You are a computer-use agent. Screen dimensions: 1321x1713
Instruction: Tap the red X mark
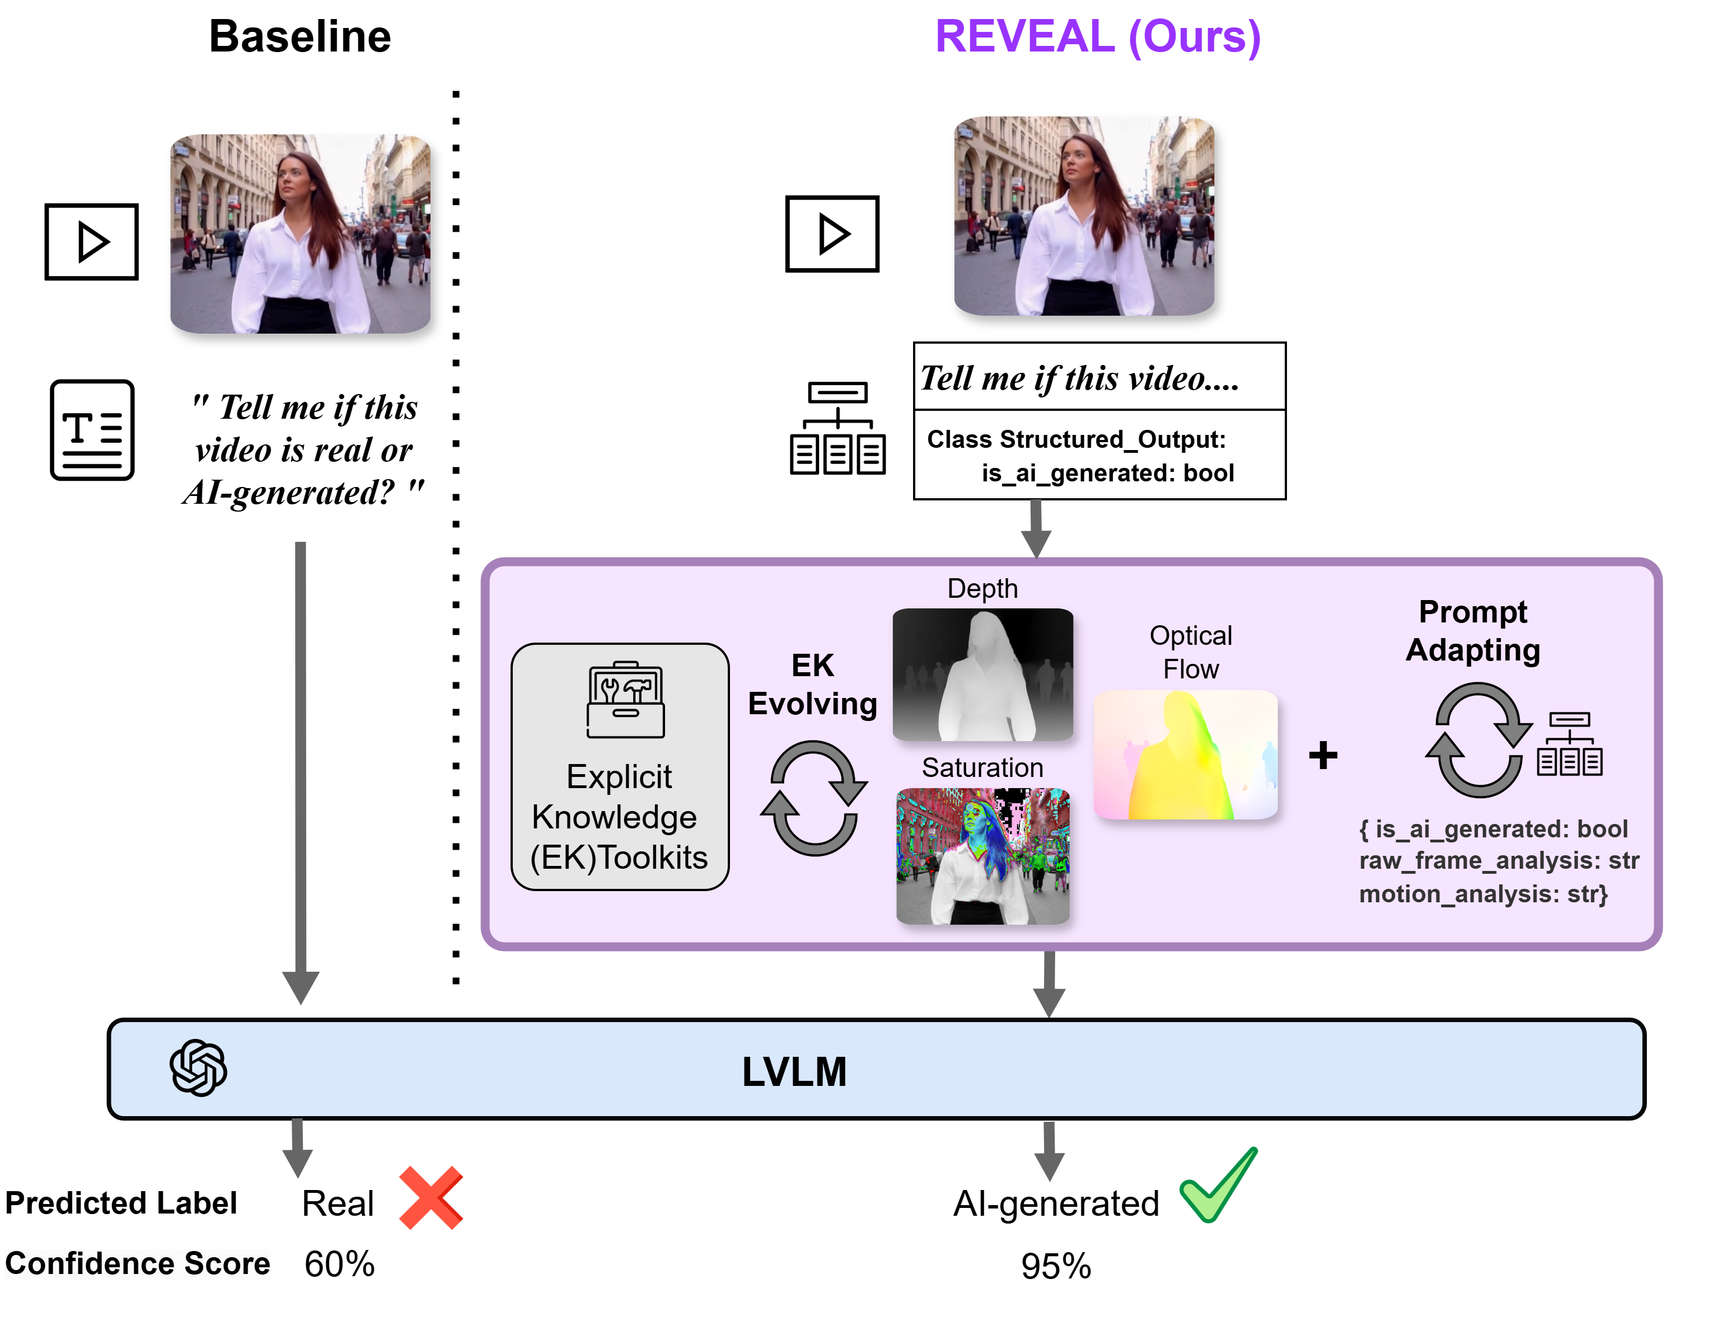coord(430,1197)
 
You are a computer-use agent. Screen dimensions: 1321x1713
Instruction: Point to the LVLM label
coord(794,1071)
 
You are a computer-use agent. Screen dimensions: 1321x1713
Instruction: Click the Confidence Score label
coord(137,1264)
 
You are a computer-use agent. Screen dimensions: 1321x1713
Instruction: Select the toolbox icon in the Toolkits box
coord(625,700)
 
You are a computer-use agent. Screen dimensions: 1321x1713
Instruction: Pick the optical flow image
coord(1185,755)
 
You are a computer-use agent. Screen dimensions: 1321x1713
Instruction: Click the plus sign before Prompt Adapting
coord(1322,756)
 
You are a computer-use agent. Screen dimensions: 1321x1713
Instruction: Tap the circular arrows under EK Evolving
coord(813,798)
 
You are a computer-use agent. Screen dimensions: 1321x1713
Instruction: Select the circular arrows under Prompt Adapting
coord(1478,740)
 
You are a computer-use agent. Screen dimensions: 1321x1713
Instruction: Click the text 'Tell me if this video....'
coord(1079,378)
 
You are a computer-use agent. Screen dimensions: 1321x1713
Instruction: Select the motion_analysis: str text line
coord(1482,893)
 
